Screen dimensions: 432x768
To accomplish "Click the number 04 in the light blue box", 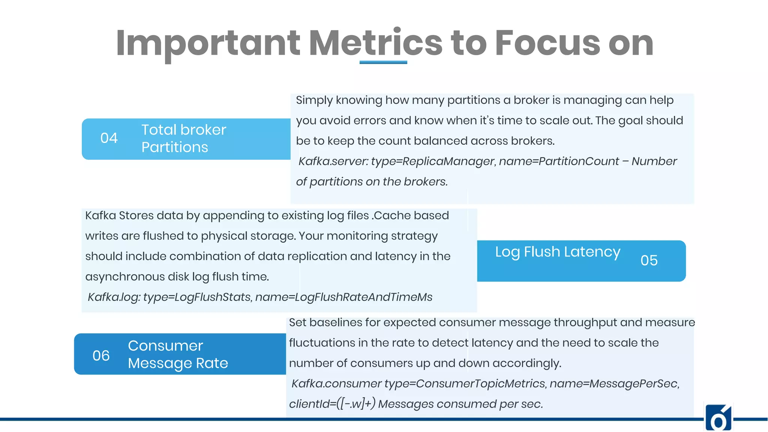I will click(x=109, y=138).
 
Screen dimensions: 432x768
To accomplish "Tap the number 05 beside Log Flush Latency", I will click(x=649, y=260).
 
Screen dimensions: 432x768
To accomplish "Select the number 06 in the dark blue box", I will click(x=101, y=355).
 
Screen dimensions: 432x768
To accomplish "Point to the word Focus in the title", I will click(x=547, y=43).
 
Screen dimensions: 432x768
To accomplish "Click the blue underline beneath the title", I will click(x=383, y=62).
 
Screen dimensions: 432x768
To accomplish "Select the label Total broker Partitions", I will click(x=183, y=138).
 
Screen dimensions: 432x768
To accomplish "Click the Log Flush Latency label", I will click(x=557, y=252).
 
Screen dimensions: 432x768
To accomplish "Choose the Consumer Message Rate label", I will click(x=178, y=354).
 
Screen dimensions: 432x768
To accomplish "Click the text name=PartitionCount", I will click(x=559, y=161).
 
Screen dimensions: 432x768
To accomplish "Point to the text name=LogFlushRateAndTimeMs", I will click(x=343, y=297).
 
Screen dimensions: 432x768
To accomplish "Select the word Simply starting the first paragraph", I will click(x=314, y=100).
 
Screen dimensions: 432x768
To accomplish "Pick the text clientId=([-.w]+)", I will click(x=332, y=404).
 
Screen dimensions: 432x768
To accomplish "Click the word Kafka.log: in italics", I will click(x=114, y=297).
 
